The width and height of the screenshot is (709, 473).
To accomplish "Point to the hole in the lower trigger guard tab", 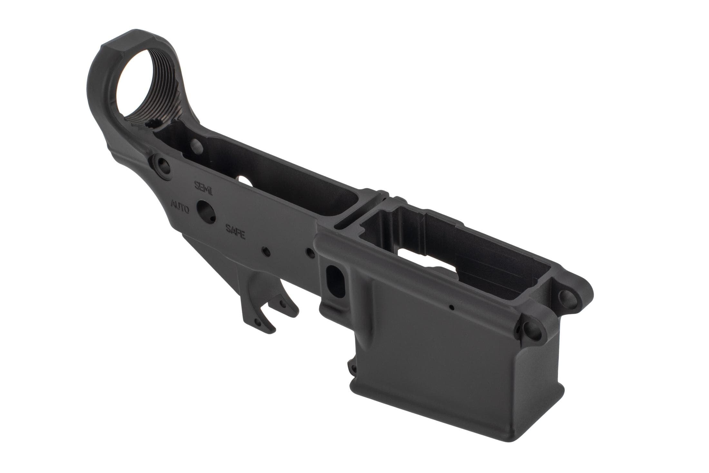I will point(257,322).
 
